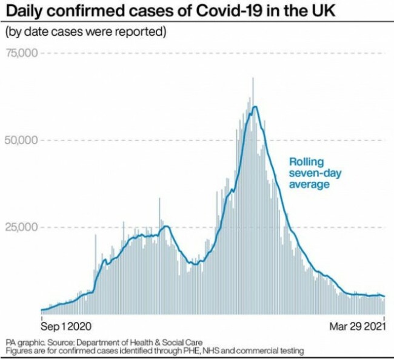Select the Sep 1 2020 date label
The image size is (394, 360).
click(66, 325)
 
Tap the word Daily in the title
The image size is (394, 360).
click(22, 12)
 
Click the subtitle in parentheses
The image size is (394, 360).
click(85, 31)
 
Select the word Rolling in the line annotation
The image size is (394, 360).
click(306, 162)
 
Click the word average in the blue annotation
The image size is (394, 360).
click(309, 184)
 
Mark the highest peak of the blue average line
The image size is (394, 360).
click(256, 107)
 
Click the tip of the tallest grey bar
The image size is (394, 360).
click(253, 78)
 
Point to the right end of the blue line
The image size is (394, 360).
click(384, 296)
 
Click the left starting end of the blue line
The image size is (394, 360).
click(41, 310)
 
